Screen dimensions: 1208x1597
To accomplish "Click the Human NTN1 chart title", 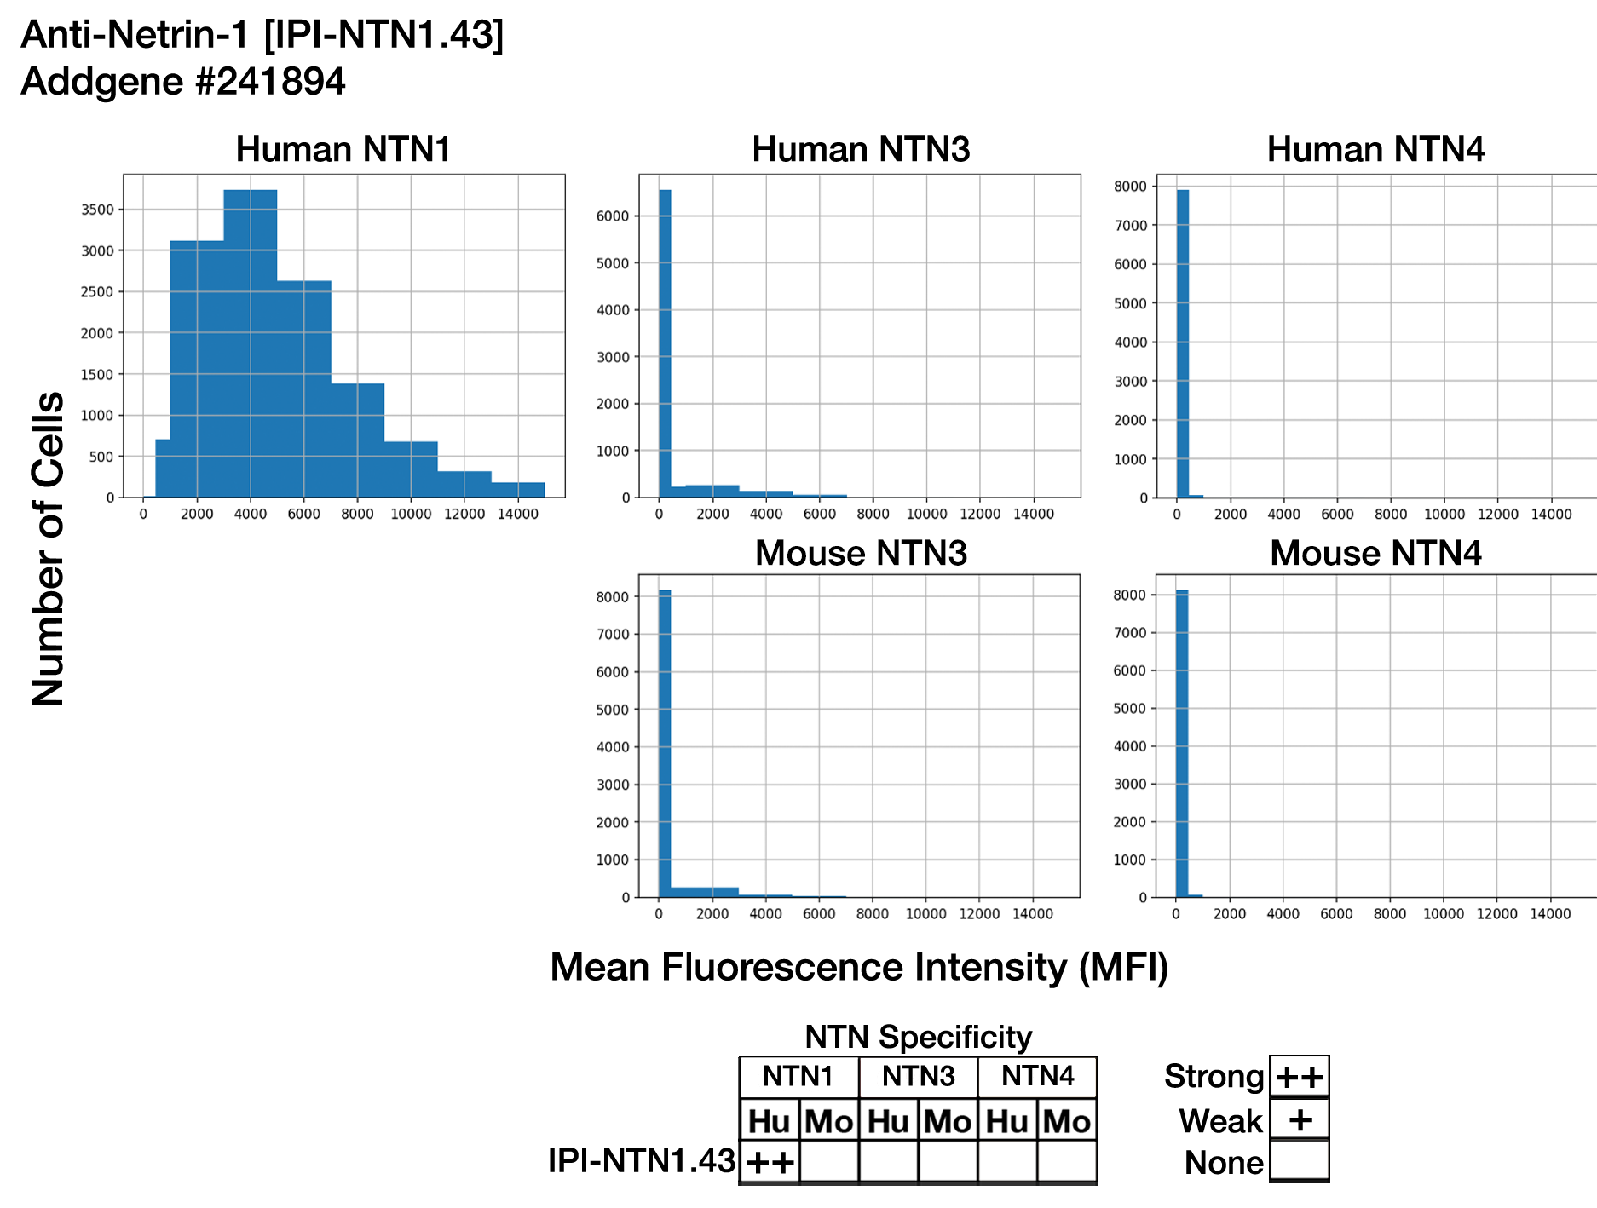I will (x=343, y=149).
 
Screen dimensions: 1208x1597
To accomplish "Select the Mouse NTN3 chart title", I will (x=861, y=553).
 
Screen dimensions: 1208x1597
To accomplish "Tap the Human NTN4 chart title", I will (x=1375, y=149).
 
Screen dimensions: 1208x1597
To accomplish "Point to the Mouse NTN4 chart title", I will (x=1375, y=553).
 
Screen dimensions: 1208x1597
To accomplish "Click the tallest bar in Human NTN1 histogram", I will (x=250, y=341).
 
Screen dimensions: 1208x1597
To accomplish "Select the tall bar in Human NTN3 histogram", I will (x=665, y=341).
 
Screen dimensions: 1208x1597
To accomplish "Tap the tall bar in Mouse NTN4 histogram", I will (x=1182, y=741).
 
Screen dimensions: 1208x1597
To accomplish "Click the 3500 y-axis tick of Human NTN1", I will (x=97, y=210).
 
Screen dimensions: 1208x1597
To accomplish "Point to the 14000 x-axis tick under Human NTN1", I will (x=518, y=515).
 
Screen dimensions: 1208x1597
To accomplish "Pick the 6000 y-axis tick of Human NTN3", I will (x=613, y=216).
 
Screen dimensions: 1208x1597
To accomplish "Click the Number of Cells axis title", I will (x=49, y=549).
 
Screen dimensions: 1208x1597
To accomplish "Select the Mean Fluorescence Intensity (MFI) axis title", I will (x=859, y=967).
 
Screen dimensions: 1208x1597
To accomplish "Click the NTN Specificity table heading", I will (x=918, y=1037).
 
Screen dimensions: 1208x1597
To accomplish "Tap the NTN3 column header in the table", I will (x=918, y=1077).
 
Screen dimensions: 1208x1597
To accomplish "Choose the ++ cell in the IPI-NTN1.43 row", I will (x=770, y=1162).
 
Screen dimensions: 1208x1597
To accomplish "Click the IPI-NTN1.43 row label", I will (x=641, y=1160).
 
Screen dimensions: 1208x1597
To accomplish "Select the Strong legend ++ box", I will (x=1299, y=1077).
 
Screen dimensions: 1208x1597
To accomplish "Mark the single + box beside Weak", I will (x=1299, y=1119).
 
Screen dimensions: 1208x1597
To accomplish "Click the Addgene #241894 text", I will (x=183, y=82).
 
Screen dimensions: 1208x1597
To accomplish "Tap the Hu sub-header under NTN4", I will (x=1006, y=1121).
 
